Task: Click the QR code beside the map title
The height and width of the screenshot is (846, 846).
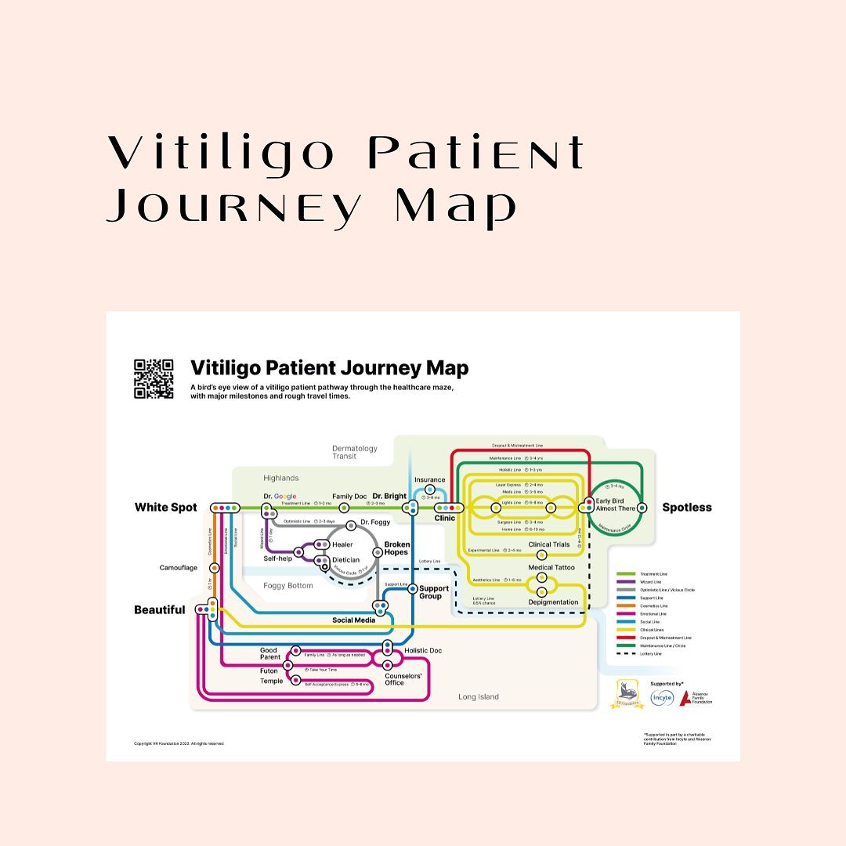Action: point(154,379)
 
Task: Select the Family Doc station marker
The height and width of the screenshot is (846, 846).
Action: point(344,508)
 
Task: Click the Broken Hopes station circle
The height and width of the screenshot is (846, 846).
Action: point(378,551)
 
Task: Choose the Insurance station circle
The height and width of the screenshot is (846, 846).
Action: point(429,490)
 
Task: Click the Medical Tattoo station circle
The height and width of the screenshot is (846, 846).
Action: point(541,577)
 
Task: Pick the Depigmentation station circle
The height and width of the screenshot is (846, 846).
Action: point(541,591)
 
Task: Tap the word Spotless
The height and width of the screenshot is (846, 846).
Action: point(687,508)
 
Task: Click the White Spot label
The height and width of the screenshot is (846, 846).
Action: point(166,508)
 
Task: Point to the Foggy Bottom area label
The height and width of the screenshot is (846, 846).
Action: point(287,585)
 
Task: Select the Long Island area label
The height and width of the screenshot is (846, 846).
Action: point(478,696)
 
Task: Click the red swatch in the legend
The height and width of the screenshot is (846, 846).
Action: point(624,638)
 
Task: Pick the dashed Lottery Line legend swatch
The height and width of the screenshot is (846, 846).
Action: point(624,653)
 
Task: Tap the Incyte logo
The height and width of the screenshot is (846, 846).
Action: point(662,697)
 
